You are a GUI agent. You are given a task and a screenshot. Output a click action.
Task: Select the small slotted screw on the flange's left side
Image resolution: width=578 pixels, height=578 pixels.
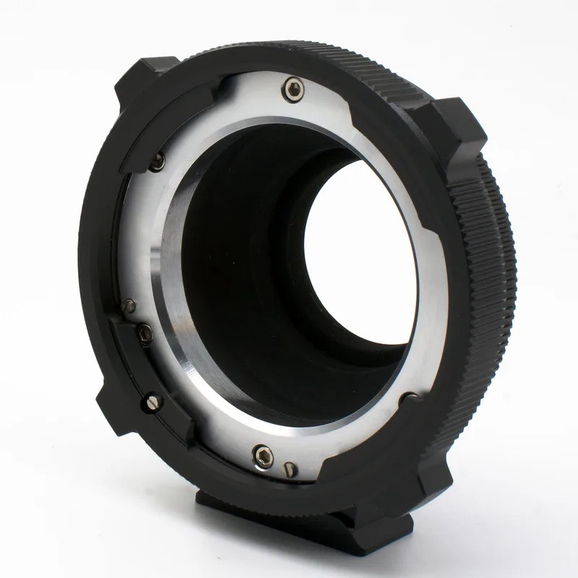click(x=131, y=304)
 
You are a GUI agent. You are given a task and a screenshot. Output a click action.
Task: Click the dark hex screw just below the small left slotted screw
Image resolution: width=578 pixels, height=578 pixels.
click(x=145, y=334)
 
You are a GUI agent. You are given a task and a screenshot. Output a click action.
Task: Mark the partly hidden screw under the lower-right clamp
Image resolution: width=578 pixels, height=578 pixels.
click(x=409, y=397)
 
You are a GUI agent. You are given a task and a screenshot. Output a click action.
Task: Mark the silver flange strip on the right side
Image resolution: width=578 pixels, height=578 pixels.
click(x=433, y=289)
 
